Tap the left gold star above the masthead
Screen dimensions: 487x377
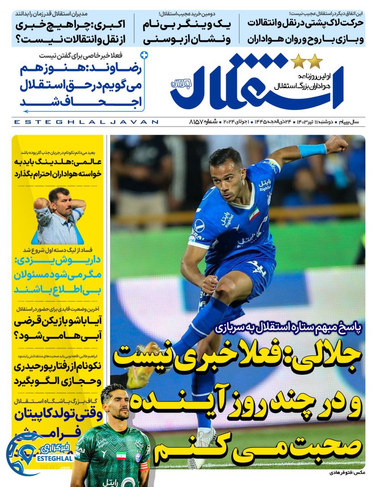click(297, 60)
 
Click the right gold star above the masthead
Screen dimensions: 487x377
click(315, 60)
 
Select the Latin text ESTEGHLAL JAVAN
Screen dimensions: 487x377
click(86, 122)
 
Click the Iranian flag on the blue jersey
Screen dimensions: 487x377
click(254, 215)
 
